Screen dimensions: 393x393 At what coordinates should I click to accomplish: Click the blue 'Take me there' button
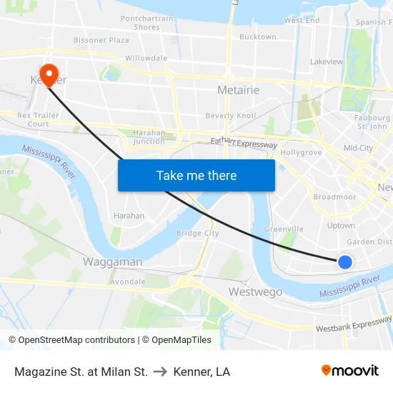[x=196, y=175]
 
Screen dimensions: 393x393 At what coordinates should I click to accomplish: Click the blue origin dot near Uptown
[x=344, y=262]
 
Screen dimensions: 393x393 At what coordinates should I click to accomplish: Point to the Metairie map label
[x=238, y=90]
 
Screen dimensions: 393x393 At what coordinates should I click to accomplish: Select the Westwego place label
[x=255, y=292]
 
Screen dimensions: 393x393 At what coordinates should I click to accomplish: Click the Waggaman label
[x=112, y=262]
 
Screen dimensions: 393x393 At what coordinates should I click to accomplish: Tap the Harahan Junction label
[x=149, y=136]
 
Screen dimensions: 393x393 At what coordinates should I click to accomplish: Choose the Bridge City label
[x=198, y=233]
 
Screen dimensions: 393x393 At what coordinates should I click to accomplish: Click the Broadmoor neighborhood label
[x=334, y=196]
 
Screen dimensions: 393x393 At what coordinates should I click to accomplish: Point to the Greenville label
[x=284, y=229]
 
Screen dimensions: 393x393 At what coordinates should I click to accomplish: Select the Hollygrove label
[x=302, y=152]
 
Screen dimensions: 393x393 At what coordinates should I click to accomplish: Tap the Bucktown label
[x=257, y=36]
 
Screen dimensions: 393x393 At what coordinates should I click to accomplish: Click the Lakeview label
[x=327, y=61]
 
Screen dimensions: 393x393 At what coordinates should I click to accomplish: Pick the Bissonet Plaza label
[x=101, y=41]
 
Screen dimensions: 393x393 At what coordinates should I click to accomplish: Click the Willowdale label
[x=146, y=58]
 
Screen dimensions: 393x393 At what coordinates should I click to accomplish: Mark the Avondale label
[x=128, y=281]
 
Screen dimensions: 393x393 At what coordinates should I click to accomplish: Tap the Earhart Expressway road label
[x=244, y=143]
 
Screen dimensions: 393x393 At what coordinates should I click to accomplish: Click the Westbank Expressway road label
[x=354, y=325]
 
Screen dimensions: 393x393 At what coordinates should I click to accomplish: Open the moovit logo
[x=349, y=371]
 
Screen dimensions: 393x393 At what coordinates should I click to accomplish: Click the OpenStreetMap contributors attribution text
[x=71, y=340]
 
